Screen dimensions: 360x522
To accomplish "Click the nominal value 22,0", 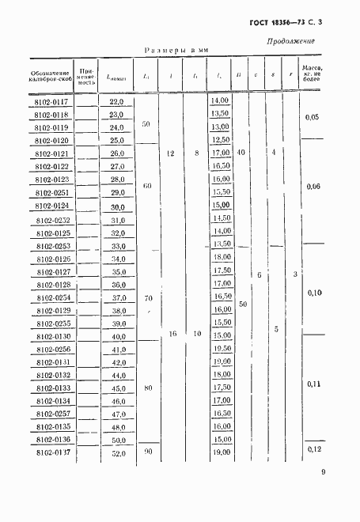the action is point(117,102).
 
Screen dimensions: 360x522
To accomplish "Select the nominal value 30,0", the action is point(117,206).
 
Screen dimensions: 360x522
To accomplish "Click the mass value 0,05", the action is point(313,117).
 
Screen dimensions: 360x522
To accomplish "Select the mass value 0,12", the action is point(313,448).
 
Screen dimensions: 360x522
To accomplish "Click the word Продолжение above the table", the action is point(291,41).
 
